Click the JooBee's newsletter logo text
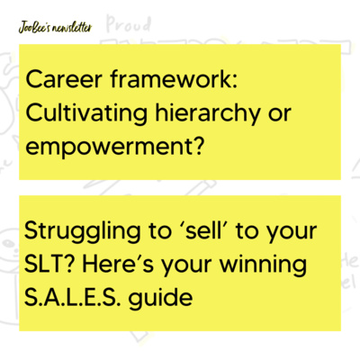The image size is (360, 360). coord(54,26)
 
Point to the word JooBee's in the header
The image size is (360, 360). coord(32,26)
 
